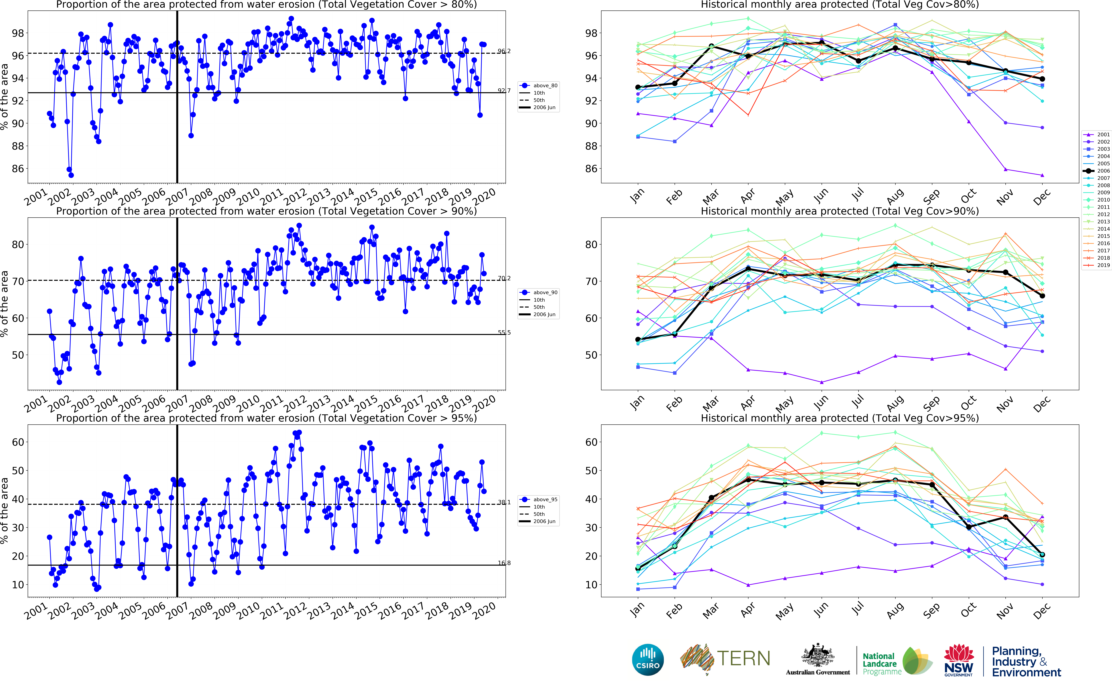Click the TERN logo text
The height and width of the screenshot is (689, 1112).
[x=743, y=658]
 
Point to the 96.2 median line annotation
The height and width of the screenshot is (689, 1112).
[x=504, y=51]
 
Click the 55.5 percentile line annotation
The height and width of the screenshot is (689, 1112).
[x=504, y=333]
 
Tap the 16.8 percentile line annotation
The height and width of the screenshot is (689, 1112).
[x=504, y=563]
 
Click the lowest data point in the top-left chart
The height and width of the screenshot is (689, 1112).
[x=71, y=175]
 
